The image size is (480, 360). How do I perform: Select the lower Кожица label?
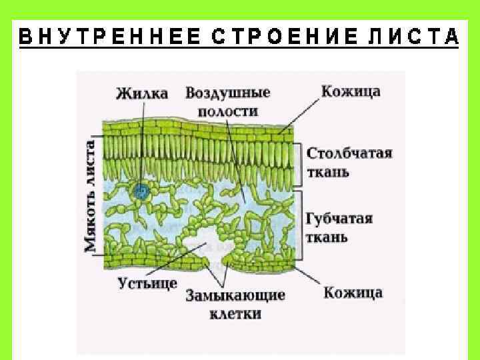(x=353, y=293)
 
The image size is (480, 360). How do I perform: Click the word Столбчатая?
(x=349, y=153)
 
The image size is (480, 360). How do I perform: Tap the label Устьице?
(x=147, y=283)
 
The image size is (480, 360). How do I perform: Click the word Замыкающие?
(x=235, y=295)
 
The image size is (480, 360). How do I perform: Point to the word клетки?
(x=235, y=313)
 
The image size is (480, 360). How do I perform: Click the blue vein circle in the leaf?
(x=141, y=192)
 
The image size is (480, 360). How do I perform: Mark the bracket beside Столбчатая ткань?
(x=300, y=163)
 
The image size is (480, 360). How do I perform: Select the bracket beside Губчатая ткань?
(x=300, y=225)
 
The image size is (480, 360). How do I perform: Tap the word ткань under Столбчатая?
(x=328, y=172)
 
